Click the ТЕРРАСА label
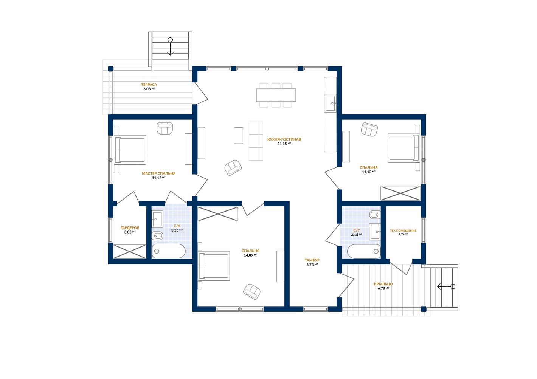pyautogui.click(x=149, y=85)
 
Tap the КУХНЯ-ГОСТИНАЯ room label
pyautogui.click(x=284, y=139)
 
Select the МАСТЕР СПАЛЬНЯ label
pyautogui.click(x=158, y=173)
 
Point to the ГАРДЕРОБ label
pyautogui.click(x=130, y=228)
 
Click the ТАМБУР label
pyautogui.click(x=312, y=260)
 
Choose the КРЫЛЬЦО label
pyautogui.click(x=383, y=284)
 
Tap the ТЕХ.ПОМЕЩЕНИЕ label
pyautogui.click(x=403, y=231)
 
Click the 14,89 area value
pyautogui.click(x=248, y=255)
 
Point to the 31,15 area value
pyautogui.click(x=282, y=144)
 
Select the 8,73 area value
pyautogui.click(x=310, y=265)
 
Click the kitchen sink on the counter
pyautogui.click(x=331, y=103)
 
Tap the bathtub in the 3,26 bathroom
pyautogui.click(x=169, y=251)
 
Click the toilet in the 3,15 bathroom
pyautogui.click(x=375, y=215)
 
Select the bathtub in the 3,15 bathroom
pyautogui.click(x=364, y=251)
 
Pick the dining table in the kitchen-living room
pyautogui.click(x=276, y=95)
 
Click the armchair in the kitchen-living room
pyautogui.click(x=233, y=167)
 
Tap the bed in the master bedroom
pyautogui.click(x=130, y=150)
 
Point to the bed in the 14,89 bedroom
pyautogui.click(x=214, y=266)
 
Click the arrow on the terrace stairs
pyautogui.click(x=170, y=46)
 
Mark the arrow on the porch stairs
pyautogui.click(x=446, y=286)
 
